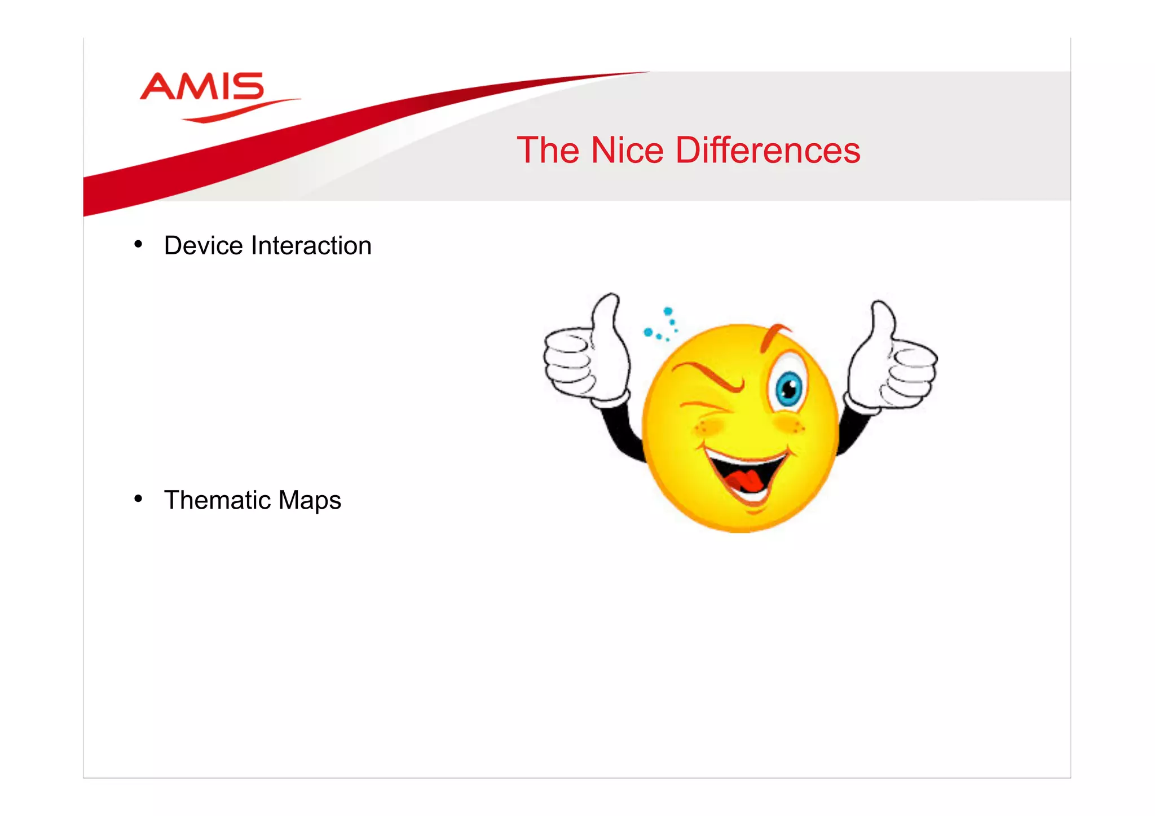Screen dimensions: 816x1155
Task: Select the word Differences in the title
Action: point(768,151)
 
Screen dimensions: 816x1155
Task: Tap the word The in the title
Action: point(548,151)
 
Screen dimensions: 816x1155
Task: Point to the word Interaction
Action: point(311,246)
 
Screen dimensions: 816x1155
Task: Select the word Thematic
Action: point(217,500)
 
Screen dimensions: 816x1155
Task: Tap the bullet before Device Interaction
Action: point(138,245)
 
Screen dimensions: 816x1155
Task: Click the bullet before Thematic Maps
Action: point(138,499)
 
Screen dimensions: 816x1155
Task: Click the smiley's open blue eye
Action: point(788,389)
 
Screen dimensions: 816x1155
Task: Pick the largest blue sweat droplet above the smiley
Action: point(668,311)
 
